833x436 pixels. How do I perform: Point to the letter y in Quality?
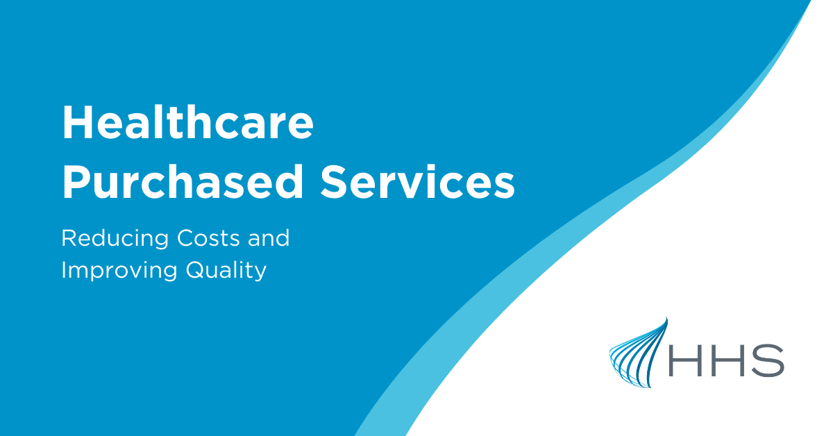(x=260, y=272)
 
